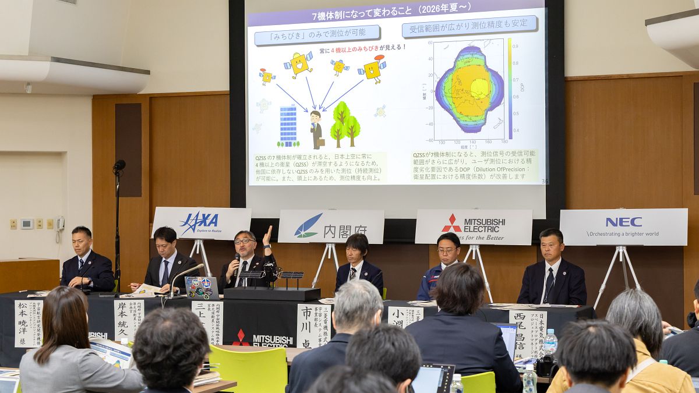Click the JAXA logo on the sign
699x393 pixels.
[199, 222]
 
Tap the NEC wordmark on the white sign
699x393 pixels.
[623, 222]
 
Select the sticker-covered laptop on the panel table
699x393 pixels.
[202, 288]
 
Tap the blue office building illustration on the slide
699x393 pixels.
[288, 126]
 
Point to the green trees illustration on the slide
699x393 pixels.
[345, 123]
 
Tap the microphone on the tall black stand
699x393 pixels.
[119, 165]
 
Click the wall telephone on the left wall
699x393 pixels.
[60, 224]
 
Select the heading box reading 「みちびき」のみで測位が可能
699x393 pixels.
[317, 34]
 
